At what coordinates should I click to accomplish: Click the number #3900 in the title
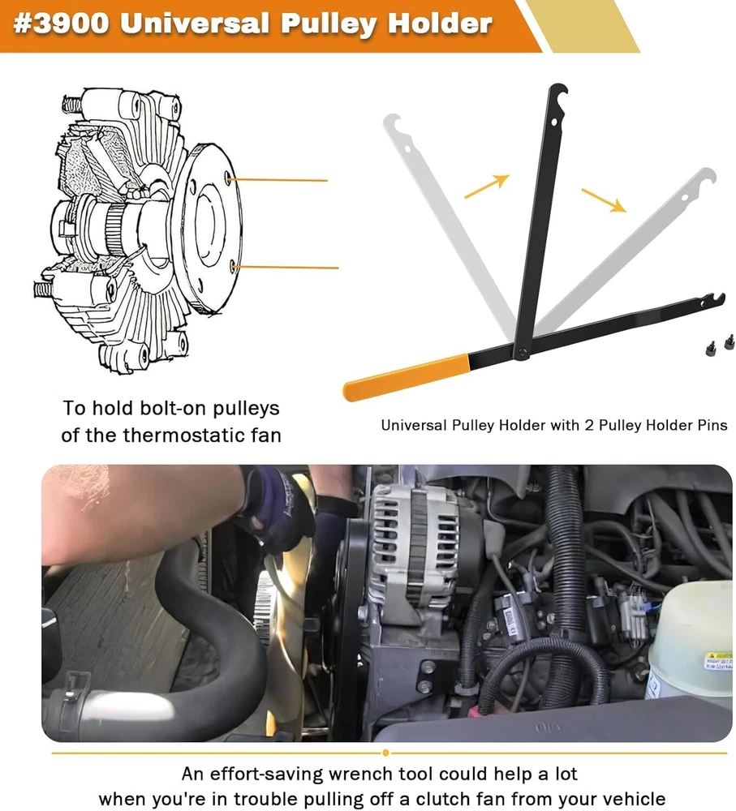click(62, 23)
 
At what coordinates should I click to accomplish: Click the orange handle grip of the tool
click(407, 377)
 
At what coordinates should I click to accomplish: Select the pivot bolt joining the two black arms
click(523, 353)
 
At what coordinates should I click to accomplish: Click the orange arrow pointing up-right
click(487, 187)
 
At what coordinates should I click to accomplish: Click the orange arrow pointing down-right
click(604, 200)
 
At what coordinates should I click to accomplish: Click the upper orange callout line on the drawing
click(278, 180)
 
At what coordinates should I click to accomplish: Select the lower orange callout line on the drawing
click(285, 268)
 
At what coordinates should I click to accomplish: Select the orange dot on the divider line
click(385, 753)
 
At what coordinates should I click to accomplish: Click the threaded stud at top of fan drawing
click(71, 105)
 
